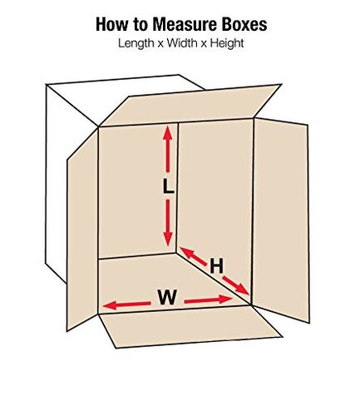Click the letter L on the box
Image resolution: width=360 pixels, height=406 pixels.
click(x=168, y=186)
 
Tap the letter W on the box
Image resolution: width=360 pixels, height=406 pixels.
click(x=167, y=297)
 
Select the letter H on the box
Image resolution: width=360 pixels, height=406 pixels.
click(x=216, y=266)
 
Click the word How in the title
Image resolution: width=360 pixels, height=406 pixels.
click(x=111, y=24)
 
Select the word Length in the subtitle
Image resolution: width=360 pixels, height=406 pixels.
click(x=136, y=43)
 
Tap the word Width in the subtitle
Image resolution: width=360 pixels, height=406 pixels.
click(x=182, y=43)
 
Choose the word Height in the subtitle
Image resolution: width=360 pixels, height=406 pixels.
click(x=227, y=43)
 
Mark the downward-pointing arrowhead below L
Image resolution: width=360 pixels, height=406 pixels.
click(x=168, y=239)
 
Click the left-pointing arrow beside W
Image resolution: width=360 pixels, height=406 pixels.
click(x=126, y=304)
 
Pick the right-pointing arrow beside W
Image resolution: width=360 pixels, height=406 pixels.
click(x=209, y=300)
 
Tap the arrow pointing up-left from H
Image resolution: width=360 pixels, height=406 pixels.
click(x=194, y=256)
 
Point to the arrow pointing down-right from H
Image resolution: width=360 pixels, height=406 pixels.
click(x=235, y=285)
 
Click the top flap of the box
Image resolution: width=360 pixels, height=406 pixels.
click(x=191, y=106)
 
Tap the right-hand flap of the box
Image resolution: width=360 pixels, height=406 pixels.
click(x=281, y=219)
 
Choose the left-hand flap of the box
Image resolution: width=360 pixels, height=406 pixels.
click(x=82, y=230)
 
